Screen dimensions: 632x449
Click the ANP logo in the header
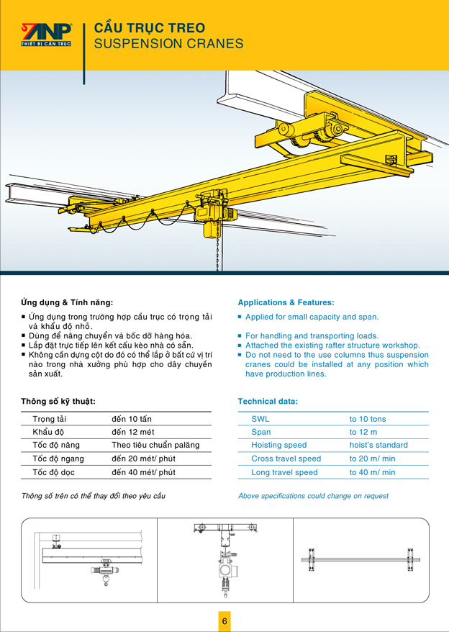click(47, 34)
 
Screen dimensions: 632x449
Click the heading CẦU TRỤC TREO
click(150, 28)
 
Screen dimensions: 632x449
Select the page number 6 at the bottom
click(224, 621)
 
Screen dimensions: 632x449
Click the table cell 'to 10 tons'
click(367, 419)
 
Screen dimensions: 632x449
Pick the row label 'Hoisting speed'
click(278, 446)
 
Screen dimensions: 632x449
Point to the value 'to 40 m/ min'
click(372, 472)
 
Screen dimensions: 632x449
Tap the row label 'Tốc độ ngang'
click(58, 459)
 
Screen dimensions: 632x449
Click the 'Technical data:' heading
click(268, 401)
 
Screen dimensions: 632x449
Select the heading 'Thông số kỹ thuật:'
click(58, 401)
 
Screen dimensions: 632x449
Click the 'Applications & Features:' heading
click(286, 303)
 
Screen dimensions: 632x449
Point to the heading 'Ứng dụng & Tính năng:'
click(67, 303)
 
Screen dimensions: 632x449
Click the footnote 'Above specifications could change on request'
click(313, 496)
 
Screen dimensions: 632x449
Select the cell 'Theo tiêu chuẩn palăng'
click(155, 445)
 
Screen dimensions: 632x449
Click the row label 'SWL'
click(260, 419)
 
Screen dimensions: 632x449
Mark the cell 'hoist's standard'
click(378, 446)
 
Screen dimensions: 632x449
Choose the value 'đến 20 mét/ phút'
click(143, 459)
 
